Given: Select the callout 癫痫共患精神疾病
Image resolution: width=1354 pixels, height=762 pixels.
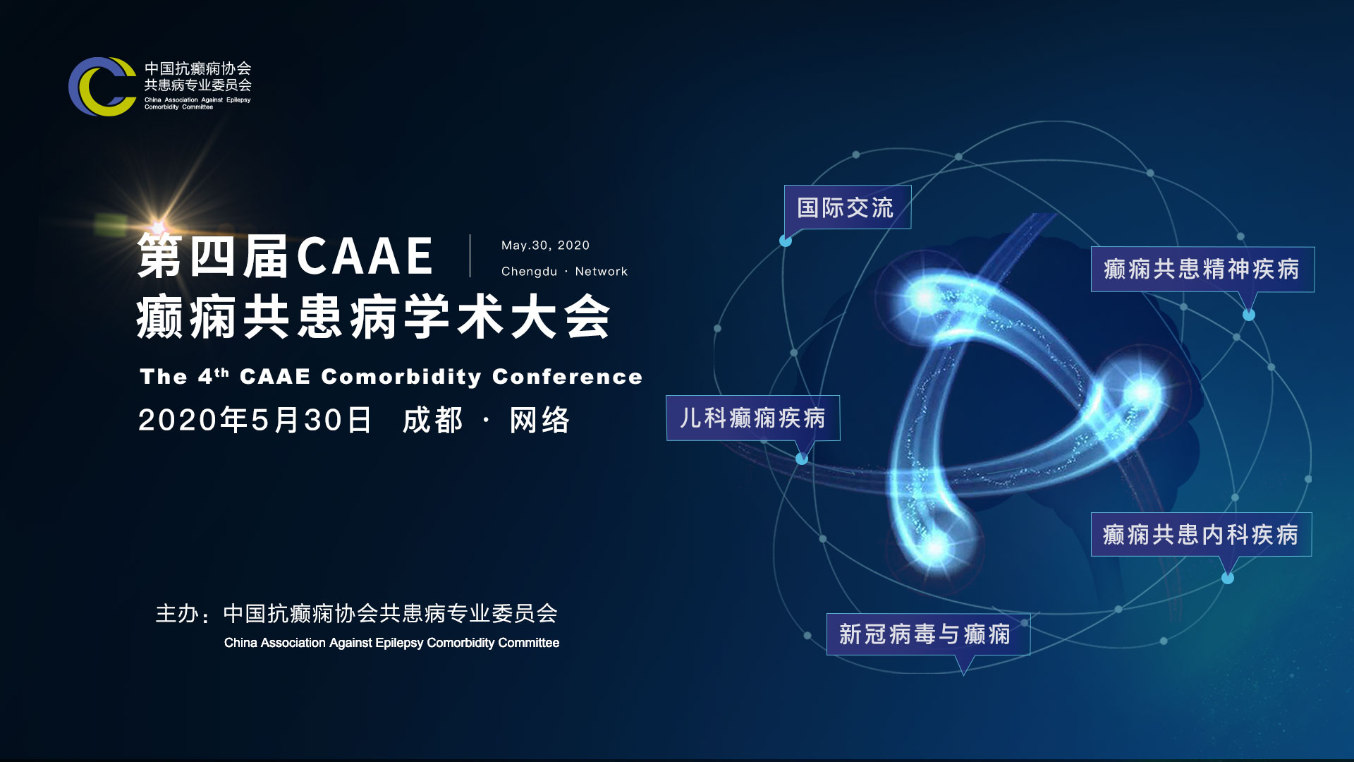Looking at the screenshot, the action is (x=1202, y=269).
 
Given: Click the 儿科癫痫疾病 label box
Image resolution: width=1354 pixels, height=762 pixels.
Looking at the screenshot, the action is (x=753, y=418).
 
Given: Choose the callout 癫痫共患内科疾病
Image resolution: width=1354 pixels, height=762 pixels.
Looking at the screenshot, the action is (x=1201, y=534).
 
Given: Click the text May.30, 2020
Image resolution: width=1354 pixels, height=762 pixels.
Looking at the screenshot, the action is (x=545, y=246).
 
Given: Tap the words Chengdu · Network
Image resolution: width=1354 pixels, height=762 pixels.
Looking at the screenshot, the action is (x=564, y=272).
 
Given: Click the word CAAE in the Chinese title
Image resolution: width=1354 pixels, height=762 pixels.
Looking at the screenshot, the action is (x=365, y=256).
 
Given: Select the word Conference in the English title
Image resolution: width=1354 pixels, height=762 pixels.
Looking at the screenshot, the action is (x=567, y=377).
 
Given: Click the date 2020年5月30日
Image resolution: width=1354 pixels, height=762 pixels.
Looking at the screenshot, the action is (x=255, y=420).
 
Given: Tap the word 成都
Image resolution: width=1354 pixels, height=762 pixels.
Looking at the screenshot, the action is (x=433, y=420).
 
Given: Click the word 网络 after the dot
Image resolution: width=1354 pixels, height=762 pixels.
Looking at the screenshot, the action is (x=539, y=420).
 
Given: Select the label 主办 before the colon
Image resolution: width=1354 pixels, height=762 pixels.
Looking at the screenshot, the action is (x=177, y=614).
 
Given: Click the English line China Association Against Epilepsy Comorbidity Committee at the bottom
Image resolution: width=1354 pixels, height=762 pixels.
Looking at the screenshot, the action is (x=391, y=643).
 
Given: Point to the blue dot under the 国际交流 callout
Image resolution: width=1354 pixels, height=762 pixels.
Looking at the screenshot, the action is (x=786, y=241).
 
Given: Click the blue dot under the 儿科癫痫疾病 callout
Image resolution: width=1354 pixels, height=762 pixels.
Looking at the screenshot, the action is (x=802, y=459).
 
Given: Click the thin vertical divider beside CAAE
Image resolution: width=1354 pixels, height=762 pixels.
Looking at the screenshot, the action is (x=470, y=255).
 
